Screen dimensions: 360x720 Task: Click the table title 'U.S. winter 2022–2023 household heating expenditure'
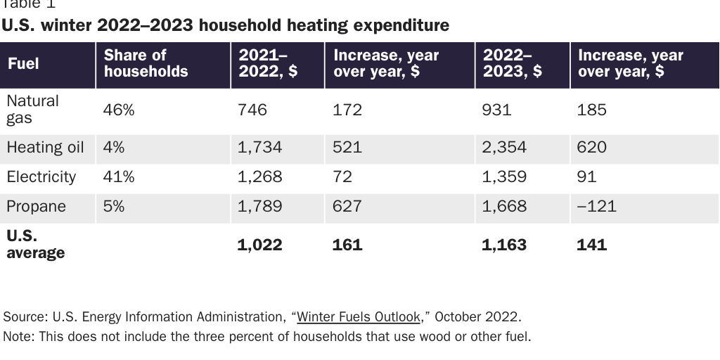click(226, 26)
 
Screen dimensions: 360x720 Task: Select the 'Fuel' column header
click(23, 63)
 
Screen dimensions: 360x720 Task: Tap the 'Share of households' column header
click(146, 63)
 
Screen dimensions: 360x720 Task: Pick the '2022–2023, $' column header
click(512, 63)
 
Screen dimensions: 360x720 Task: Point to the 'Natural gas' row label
click(32, 109)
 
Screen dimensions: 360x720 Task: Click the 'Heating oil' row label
click(45, 148)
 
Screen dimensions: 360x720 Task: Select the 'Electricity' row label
click(41, 177)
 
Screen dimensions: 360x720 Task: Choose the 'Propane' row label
click(36, 207)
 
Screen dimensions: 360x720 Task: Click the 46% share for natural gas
click(118, 110)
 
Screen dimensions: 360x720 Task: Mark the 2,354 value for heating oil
click(503, 148)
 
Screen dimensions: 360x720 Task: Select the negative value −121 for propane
click(597, 207)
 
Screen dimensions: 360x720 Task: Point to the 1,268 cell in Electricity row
click(259, 177)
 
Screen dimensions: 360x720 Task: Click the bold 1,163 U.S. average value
click(503, 245)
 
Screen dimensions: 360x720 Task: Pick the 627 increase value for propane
click(347, 207)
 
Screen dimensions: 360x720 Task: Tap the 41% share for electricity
click(118, 177)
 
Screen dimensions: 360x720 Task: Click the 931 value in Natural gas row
click(496, 110)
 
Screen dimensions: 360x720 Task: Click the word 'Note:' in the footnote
click(19, 336)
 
